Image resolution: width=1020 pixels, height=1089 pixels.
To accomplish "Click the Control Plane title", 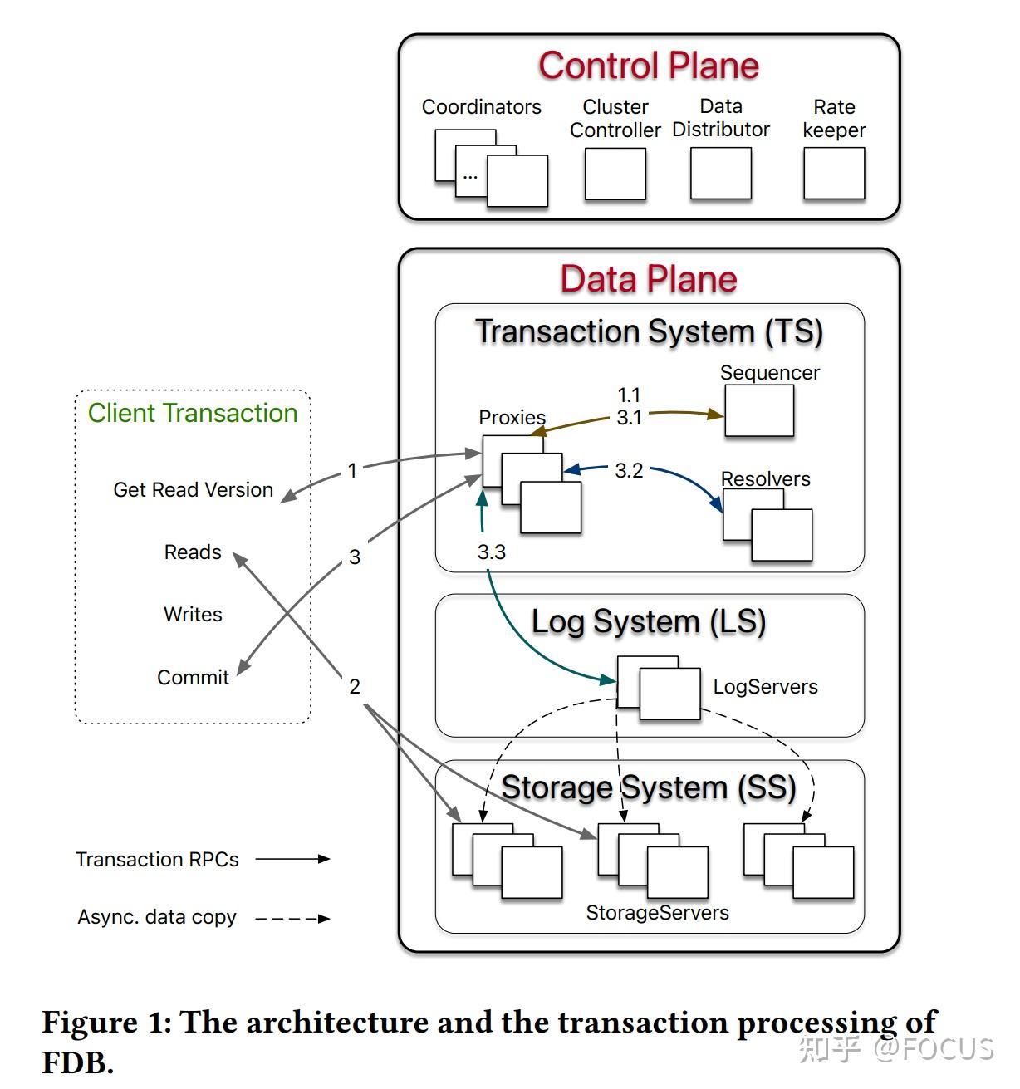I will pyautogui.click(x=648, y=66).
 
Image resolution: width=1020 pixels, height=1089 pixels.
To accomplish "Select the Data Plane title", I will pyautogui.click(x=648, y=279).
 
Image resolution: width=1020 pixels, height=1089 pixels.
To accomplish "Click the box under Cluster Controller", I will pyautogui.click(x=615, y=174).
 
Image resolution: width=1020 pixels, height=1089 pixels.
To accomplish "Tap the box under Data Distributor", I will pyautogui.click(x=720, y=174).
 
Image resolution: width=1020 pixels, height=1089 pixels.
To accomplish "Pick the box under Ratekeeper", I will pyautogui.click(x=834, y=174).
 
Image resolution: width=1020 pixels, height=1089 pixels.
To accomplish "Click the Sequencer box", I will pyautogui.click(x=758, y=411).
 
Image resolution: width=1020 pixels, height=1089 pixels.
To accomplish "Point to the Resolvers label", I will pyautogui.click(x=765, y=479).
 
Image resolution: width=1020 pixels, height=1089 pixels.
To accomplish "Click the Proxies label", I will pyautogui.click(x=512, y=418).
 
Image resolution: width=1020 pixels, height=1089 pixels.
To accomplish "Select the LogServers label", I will pyautogui.click(x=765, y=687).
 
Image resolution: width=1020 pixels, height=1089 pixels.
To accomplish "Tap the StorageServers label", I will pyautogui.click(x=657, y=913).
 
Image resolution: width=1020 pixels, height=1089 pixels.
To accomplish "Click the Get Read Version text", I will pyautogui.click(x=193, y=490).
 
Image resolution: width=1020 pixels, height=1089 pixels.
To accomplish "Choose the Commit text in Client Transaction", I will pyautogui.click(x=193, y=678).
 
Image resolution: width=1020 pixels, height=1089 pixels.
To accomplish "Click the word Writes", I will pyautogui.click(x=193, y=615).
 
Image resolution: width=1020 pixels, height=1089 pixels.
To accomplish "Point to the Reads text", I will pyautogui.click(x=193, y=552).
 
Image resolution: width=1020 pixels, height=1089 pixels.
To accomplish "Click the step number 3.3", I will pyautogui.click(x=491, y=552).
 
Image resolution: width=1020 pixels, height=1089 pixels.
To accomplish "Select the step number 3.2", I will pyautogui.click(x=629, y=471).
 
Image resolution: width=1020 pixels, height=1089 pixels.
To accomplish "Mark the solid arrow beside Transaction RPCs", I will pyautogui.click(x=292, y=859).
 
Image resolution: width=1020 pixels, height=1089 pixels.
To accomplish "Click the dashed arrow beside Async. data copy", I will pyautogui.click(x=292, y=919).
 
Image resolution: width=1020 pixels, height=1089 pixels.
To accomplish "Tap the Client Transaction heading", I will pyautogui.click(x=193, y=414).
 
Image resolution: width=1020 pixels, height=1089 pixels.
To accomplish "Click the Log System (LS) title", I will pyautogui.click(x=648, y=622).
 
